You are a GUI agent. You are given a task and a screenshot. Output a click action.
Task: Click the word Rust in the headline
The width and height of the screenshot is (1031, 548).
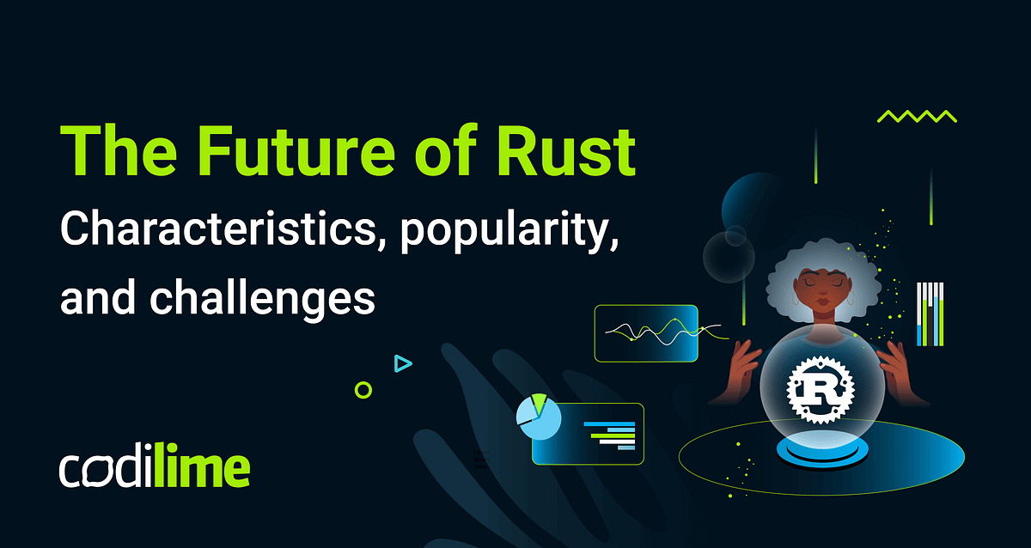(566, 152)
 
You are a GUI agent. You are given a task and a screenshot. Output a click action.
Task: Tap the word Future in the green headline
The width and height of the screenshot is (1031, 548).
(296, 152)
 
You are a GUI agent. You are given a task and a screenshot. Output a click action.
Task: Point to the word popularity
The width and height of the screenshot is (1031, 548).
(509, 231)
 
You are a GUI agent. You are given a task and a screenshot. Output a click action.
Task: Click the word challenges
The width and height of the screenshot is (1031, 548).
(262, 297)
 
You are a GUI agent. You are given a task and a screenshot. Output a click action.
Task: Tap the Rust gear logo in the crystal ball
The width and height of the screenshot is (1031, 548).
(821, 390)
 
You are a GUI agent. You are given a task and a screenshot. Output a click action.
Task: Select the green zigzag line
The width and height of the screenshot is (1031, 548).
(917, 117)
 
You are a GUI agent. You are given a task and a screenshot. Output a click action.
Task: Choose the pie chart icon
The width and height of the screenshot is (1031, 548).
(538, 417)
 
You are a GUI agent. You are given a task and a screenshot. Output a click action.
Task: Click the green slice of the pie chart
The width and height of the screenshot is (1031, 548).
(539, 403)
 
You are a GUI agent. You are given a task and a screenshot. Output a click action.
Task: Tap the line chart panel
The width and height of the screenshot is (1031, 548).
(646, 333)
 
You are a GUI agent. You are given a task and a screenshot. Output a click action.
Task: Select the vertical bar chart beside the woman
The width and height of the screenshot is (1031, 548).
(930, 314)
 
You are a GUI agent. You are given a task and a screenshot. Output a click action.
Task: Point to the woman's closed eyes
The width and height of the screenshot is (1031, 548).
(822, 282)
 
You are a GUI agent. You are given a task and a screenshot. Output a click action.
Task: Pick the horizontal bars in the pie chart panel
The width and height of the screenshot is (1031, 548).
(609, 435)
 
